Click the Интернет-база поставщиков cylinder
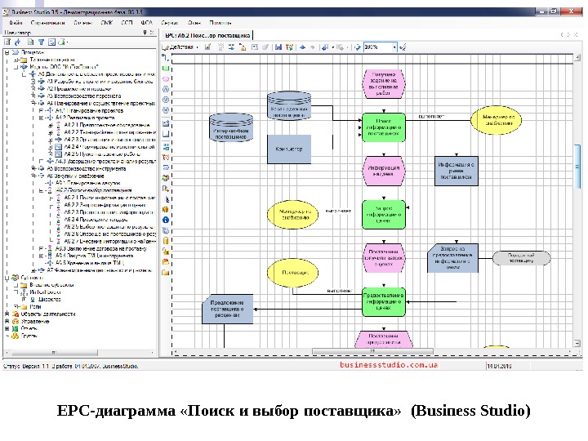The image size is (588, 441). coord(232,129)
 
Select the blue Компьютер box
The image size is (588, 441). coord(288,149)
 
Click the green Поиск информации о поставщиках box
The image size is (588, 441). coord(384,127)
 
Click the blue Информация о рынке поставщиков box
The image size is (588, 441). coord(454,170)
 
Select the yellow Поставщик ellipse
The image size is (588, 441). coord(290,272)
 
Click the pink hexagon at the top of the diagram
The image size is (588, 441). coord(384,82)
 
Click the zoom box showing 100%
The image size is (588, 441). coord(380,47)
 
